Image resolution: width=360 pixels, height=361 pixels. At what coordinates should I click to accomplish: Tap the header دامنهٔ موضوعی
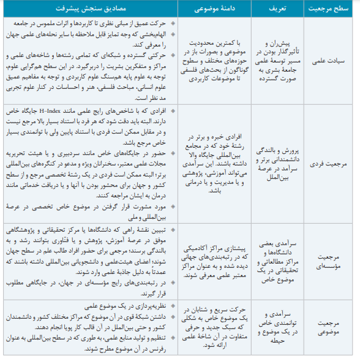point(211,10)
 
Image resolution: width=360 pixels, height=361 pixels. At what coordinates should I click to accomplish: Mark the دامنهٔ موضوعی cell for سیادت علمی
point(211,61)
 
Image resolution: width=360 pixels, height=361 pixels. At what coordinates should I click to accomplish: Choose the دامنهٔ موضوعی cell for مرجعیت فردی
point(211,164)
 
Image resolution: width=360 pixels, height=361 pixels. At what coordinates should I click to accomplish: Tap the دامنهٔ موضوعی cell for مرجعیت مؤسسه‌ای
point(211,261)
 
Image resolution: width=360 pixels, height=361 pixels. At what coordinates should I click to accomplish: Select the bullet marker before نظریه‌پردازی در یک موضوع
point(173,305)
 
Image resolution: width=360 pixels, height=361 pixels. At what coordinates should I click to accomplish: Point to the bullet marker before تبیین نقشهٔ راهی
point(173,230)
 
